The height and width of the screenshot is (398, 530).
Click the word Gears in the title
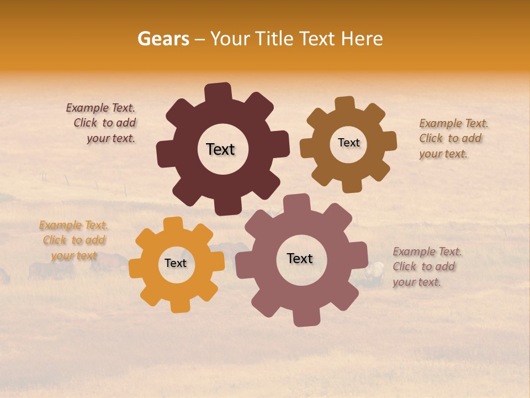[x=163, y=39]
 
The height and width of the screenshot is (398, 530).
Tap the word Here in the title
[x=362, y=39]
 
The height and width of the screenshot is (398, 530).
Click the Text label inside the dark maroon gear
[x=220, y=149]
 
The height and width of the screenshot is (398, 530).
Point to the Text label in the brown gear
[x=348, y=143]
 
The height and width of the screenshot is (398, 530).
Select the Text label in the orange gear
[x=176, y=263]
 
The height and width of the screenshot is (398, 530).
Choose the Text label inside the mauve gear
[x=300, y=258]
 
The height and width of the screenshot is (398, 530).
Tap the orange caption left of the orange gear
[x=73, y=240]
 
